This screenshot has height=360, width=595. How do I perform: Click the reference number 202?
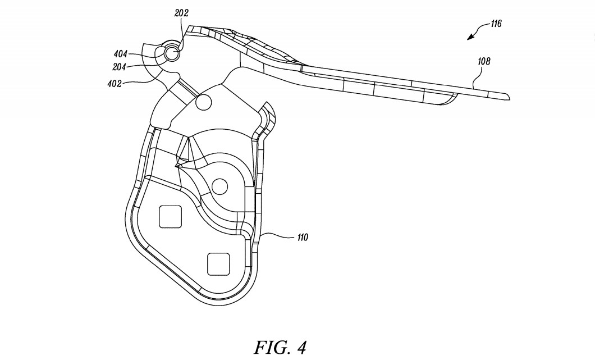(x=181, y=13)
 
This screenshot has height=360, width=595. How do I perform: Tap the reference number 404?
(x=120, y=54)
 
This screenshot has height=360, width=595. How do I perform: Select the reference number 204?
(x=119, y=67)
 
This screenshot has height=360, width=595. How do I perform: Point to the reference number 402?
(x=114, y=84)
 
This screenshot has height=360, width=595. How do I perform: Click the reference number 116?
(x=496, y=24)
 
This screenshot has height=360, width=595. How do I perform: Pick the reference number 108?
(x=484, y=61)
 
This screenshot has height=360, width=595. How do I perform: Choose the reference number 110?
(x=303, y=238)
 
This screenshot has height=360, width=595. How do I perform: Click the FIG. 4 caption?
(x=280, y=347)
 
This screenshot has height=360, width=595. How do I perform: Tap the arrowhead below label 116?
(x=471, y=37)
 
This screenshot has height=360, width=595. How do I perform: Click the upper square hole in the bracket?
(x=170, y=216)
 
